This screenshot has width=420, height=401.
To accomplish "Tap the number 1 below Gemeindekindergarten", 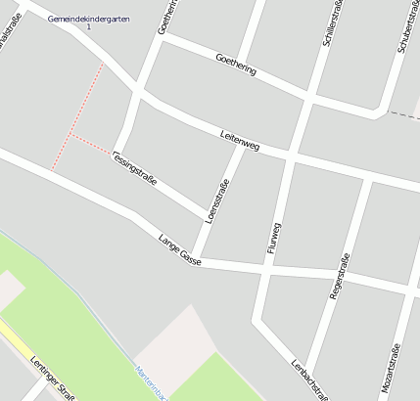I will pos(88,27).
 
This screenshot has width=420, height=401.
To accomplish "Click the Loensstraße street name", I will pos(218,200).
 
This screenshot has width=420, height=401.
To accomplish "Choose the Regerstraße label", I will pos(340,275).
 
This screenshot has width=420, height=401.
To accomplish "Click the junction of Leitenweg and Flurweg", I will pos(289,156).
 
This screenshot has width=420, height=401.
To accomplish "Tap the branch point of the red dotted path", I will pos(70,135).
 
